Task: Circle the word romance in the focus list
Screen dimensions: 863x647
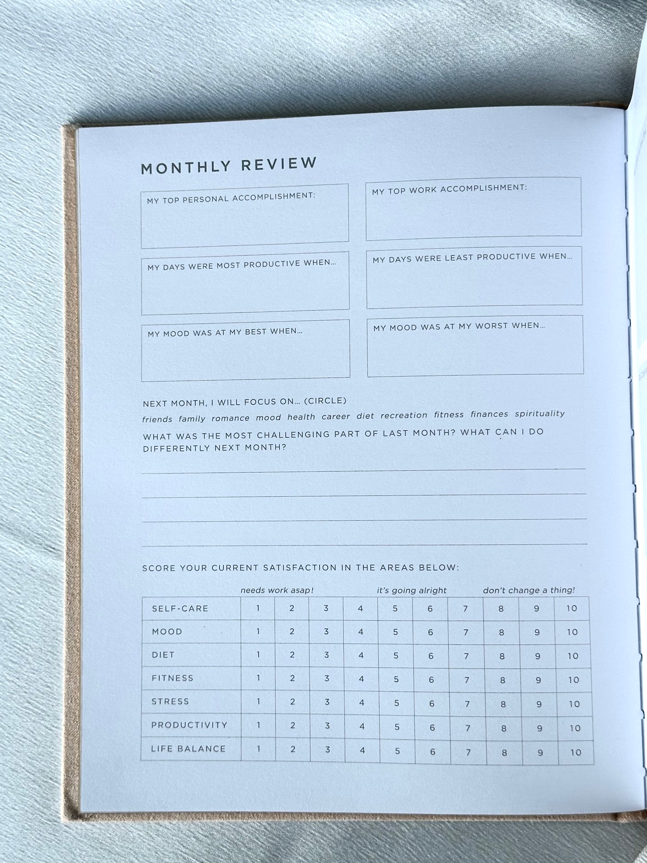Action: point(230,418)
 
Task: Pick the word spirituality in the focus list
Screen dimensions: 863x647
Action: point(540,414)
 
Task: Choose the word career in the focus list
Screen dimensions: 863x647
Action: point(336,417)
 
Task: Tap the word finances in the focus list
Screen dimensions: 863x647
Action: point(489,414)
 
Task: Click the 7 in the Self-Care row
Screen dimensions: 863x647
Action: point(465,609)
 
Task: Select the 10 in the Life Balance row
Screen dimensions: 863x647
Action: point(576,752)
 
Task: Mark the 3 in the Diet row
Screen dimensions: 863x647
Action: point(326,655)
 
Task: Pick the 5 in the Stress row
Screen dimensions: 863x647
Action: point(397,703)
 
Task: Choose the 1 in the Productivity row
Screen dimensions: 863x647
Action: point(258,725)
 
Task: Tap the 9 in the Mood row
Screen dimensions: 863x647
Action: point(537,632)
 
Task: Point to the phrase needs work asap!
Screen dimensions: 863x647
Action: point(277,590)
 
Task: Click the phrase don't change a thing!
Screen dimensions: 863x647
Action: point(529,590)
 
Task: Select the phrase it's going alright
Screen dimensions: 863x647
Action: point(412,590)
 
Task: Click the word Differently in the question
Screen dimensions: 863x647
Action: point(176,449)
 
